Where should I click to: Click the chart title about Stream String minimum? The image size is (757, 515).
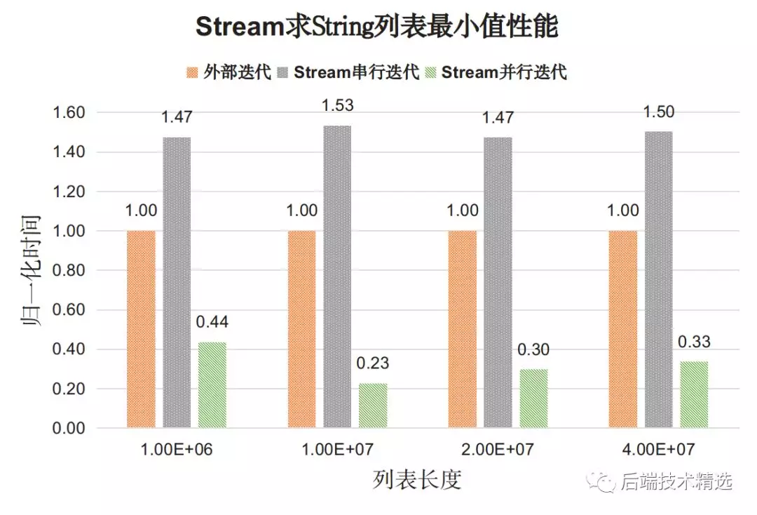tap(377, 28)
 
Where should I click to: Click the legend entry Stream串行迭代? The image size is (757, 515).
tap(348, 72)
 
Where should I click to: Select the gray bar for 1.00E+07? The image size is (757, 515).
tap(337, 276)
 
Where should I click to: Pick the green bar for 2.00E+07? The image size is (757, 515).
tap(533, 398)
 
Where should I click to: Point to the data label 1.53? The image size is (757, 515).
tap(337, 106)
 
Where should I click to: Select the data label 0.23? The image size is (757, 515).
tap(372, 363)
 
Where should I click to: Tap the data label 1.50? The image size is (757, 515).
tap(658, 112)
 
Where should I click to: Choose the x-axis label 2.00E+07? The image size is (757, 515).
tap(498, 450)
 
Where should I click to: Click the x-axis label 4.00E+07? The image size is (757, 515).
tap(658, 450)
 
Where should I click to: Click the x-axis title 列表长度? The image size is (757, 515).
tap(417, 481)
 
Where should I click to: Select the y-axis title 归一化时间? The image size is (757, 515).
tap(30, 269)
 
